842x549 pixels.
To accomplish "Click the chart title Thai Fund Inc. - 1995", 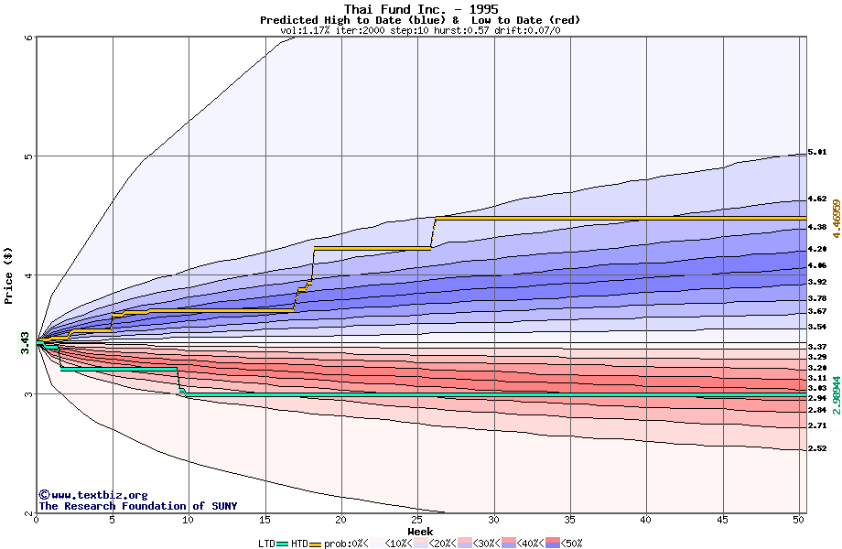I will click(x=421, y=9).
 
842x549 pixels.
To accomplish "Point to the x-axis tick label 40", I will click(x=646, y=520).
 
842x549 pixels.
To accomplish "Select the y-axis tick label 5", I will click(x=28, y=156).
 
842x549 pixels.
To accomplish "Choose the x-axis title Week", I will click(x=420, y=531).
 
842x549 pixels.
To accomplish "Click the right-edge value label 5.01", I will click(x=817, y=152).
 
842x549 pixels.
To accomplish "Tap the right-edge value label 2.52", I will click(x=817, y=448).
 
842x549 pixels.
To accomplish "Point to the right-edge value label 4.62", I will click(x=817, y=199).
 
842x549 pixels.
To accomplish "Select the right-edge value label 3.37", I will click(x=817, y=347).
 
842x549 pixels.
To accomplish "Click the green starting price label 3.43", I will click(x=26, y=343).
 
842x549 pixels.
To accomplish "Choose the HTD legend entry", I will click(x=300, y=544).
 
